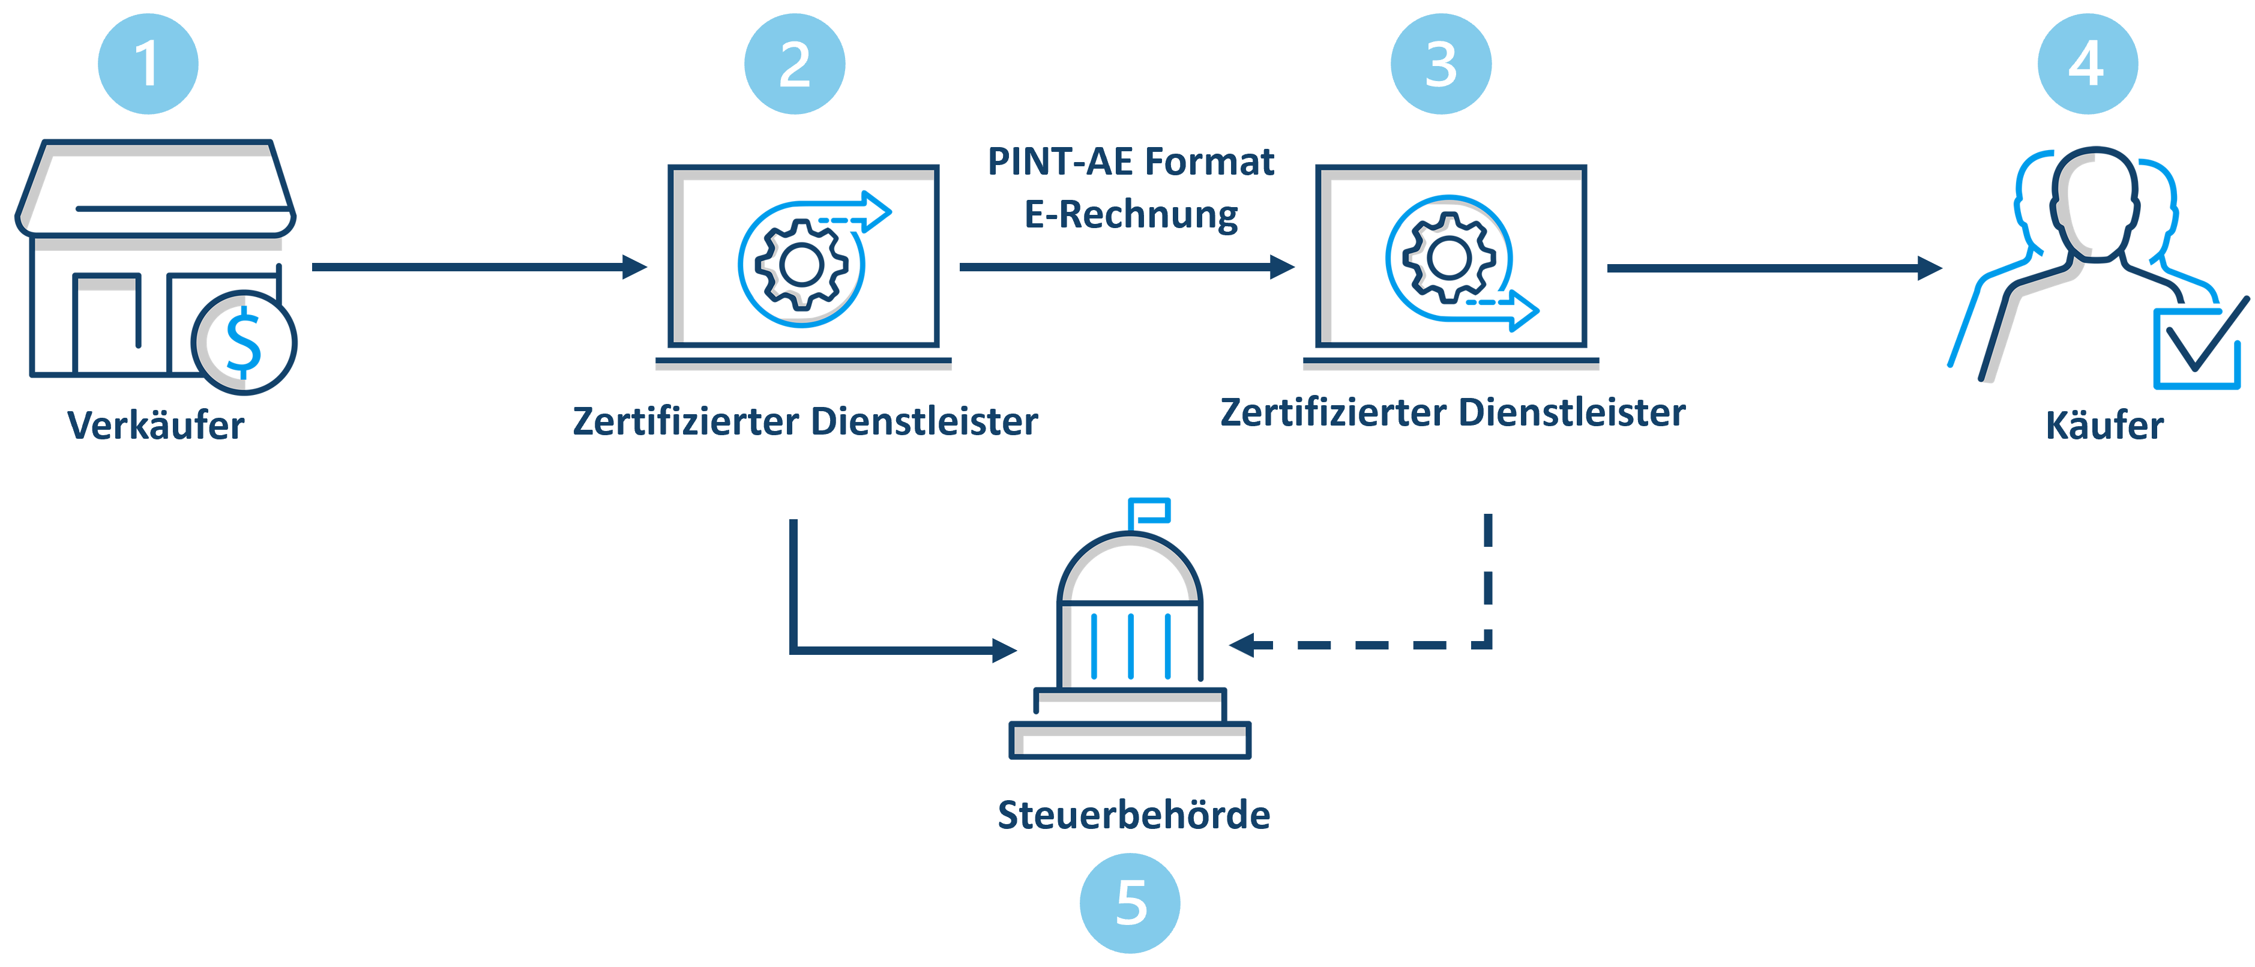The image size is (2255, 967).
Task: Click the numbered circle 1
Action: (148, 64)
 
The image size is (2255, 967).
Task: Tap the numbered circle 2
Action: (795, 64)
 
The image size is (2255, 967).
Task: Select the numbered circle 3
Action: (1441, 64)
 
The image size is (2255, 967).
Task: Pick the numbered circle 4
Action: (2088, 64)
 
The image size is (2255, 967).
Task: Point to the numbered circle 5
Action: (1130, 903)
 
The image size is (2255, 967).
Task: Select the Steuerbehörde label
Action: (1134, 815)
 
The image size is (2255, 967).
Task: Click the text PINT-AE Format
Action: (1130, 162)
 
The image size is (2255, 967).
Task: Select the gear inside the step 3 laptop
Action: (1449, 258)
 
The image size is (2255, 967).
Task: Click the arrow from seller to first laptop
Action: (480, 267)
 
